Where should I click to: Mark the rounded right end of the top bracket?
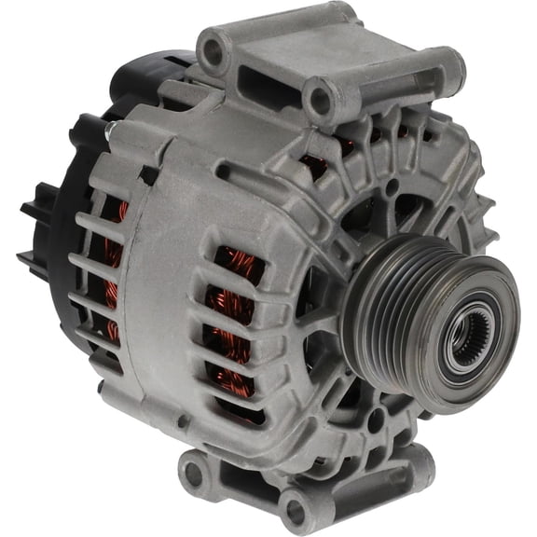(446, 70)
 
